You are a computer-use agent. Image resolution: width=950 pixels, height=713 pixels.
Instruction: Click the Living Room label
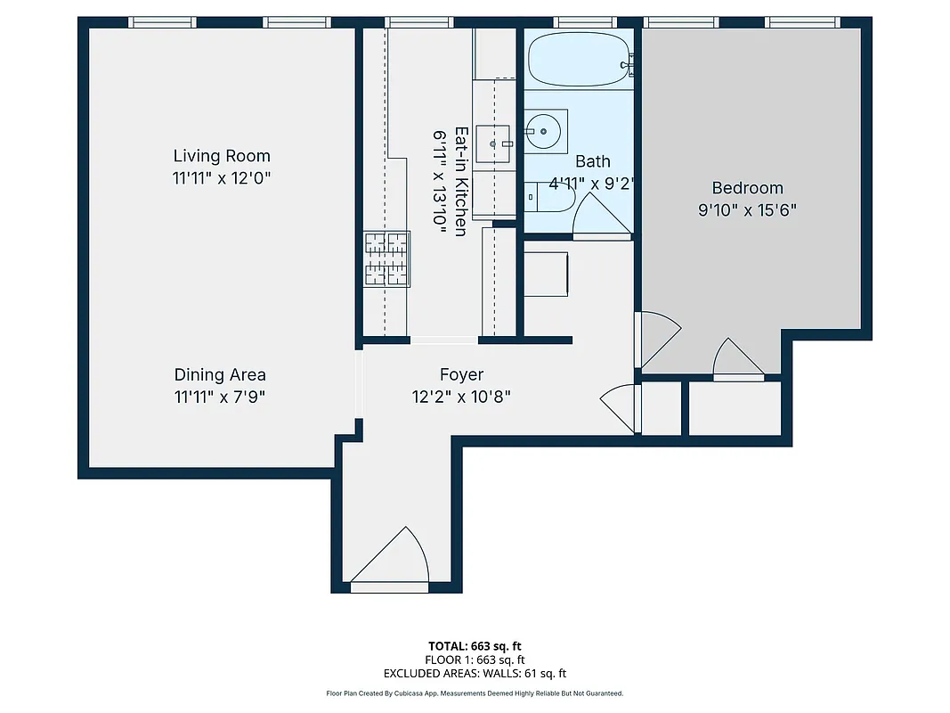[x=221, y=156]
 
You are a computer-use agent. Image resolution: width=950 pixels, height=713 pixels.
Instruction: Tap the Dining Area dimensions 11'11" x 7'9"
[x=220, y=397]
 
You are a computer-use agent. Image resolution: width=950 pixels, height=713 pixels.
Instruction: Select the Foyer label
[x=461, y=374]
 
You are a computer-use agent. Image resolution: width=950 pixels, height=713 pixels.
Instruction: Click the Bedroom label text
[x=747, y=188]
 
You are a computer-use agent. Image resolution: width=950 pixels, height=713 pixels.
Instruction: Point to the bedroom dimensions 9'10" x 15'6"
[x=747, y=211]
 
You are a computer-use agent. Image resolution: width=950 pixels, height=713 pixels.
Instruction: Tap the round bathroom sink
[x=542, y=132]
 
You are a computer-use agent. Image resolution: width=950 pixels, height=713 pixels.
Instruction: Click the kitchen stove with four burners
[x=386, y=258]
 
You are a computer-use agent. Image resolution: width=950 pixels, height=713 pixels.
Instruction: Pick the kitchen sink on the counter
[x=494, y=143]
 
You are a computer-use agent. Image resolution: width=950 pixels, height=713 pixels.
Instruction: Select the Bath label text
[x=593, y=161]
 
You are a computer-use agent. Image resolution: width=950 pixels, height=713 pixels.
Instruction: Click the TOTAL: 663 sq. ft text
[x=475, y=645]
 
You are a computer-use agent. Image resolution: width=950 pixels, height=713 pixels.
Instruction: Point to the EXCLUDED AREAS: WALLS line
[x=475, y=674]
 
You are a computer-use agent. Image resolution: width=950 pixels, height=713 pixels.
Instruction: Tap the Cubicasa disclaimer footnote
[x=475, y=693]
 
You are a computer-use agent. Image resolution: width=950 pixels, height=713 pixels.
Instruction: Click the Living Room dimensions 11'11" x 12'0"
[x=221, y=178]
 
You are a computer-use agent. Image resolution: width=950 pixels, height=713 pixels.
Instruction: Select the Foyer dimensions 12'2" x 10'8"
[x=461, y=397]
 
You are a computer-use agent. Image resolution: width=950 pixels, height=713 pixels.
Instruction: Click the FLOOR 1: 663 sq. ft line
[x=475, y=660]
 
